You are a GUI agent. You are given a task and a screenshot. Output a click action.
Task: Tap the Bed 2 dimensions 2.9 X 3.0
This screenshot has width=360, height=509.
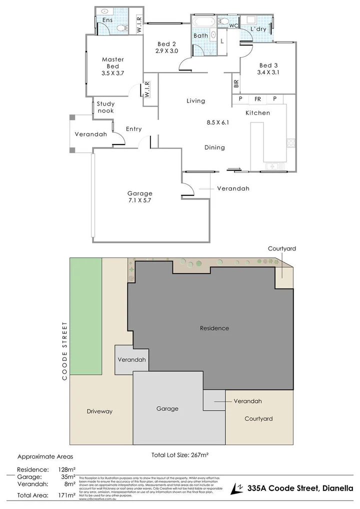(x=166, y=51)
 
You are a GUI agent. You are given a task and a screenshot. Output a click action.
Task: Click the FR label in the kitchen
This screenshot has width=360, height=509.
(x=257, y=99)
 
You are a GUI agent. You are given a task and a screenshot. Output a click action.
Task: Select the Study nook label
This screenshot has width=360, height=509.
(x=105, y=107)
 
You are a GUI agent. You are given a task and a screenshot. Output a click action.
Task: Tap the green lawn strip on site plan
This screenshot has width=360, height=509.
(x=85, y=315)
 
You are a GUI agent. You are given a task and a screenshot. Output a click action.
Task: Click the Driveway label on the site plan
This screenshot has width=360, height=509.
(x=99, y=411)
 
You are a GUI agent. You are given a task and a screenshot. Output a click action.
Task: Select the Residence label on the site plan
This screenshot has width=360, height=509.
(x=214, y=328)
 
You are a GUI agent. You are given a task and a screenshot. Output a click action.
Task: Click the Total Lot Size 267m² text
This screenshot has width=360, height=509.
(x=179, y=455)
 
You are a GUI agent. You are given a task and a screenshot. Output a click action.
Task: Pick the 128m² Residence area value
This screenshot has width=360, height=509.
(x=66, y=469)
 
